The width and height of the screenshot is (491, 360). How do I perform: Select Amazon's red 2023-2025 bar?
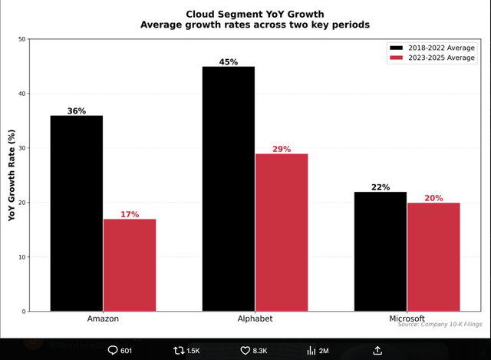click(130, 265)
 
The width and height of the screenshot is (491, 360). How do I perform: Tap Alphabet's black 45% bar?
click(229, 189)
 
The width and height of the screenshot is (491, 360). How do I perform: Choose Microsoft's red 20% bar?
click(433, 256)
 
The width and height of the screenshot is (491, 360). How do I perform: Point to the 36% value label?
click(77, 111)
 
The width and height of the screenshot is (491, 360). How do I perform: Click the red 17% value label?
click(130, 214)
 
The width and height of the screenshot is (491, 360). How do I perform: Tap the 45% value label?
click(229, 61)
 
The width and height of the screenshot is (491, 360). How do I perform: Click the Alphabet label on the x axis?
click(255, 319)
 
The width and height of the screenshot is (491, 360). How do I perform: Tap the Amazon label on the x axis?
click(104, 319)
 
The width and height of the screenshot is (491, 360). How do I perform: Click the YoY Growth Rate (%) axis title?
click(12, 175)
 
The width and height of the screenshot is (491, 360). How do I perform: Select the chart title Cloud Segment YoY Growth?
click(255, 14)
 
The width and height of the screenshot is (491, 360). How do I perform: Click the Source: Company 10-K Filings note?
click(439, 325)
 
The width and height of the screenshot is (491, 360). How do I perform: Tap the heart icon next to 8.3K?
click(245, 351)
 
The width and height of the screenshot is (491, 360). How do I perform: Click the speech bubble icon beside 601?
click(114, 351)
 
